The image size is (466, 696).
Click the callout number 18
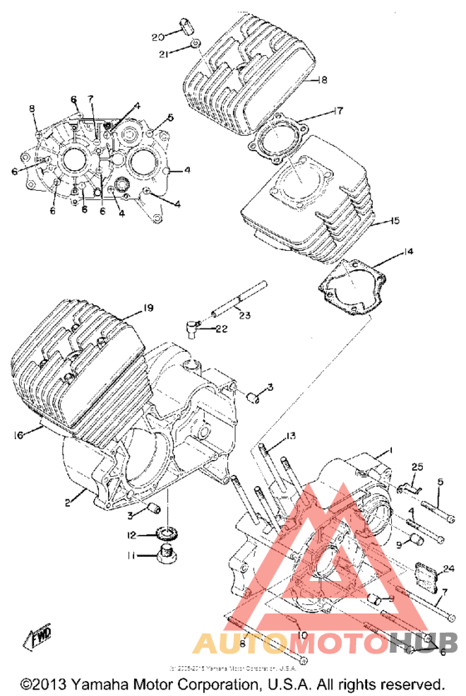pos(323,80)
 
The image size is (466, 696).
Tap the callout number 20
pos(157,37)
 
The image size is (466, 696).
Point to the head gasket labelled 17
pos(279,134)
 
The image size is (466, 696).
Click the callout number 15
pos(394,221)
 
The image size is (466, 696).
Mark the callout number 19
pos(147,308)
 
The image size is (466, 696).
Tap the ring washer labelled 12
pos(168,533)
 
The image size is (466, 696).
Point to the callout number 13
pos(290,437)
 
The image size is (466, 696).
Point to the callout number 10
pos(302,635)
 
